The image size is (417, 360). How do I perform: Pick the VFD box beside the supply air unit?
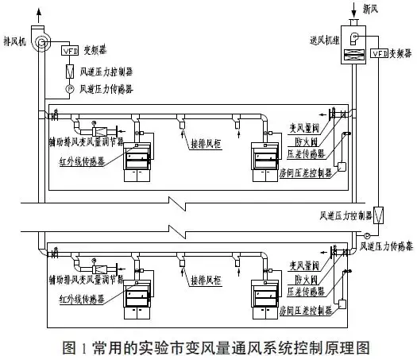[380, 53]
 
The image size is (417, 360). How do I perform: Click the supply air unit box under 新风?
[353, 49]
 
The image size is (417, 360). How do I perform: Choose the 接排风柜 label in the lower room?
[204, 281]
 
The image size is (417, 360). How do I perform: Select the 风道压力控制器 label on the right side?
[346, 215]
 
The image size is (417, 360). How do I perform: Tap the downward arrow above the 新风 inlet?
[353, 11]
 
